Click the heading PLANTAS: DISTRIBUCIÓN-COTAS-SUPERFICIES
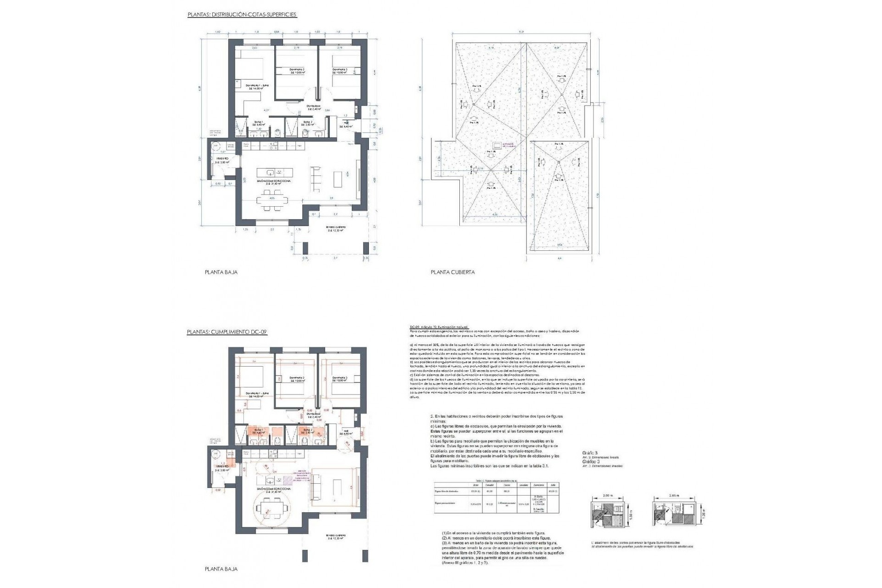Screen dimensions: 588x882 [x=242, y=15]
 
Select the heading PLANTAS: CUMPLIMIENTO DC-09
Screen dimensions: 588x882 [x=227, y=332]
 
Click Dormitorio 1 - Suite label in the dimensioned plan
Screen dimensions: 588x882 [x=257, y=86]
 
